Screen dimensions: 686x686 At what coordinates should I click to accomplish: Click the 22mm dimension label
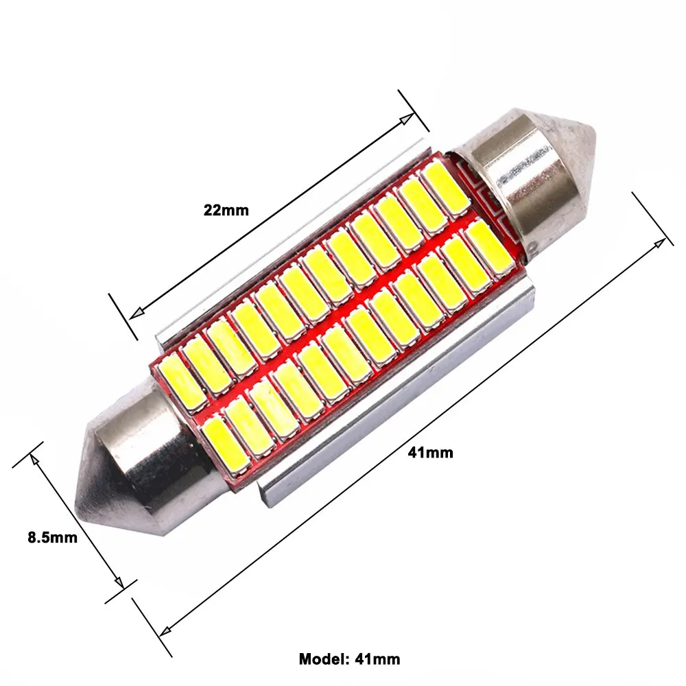point(226,211)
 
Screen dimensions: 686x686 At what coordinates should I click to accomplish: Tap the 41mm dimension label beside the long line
point(431,452)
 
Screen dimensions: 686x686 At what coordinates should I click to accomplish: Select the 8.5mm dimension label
point(53,537)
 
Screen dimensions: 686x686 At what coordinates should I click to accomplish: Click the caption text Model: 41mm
point(349,659)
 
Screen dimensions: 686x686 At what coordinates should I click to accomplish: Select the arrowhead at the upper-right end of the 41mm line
point(660,244)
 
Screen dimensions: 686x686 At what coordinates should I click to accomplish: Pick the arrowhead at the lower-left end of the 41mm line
point(165,630)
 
